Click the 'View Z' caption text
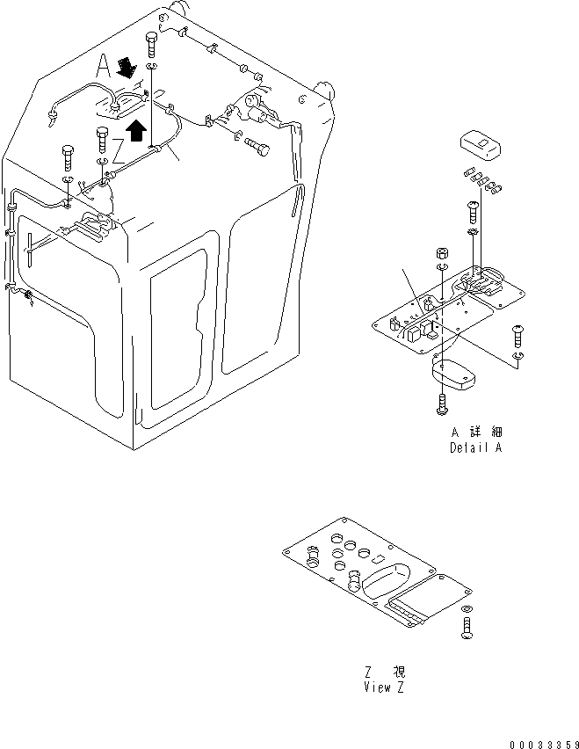pyautogui.click(x=383, y=687)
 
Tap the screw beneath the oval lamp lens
pyautogui.click(x=441, y=404)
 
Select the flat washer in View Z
pyautogui.click(x=465, y=609)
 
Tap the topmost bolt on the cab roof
pyautogui.click(x=153, y=41)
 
